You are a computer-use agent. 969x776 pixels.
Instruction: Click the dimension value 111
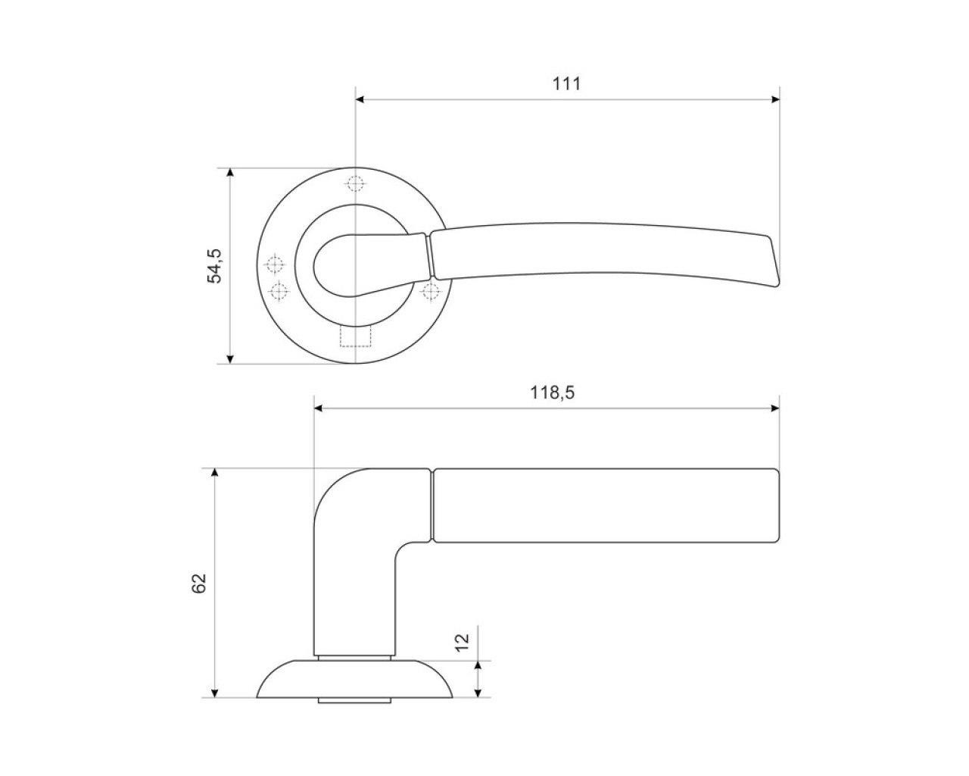coord(566,84)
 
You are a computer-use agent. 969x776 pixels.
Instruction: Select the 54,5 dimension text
coord(215,265)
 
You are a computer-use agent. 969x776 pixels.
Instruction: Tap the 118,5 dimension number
coord(552,393)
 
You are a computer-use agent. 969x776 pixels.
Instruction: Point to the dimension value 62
coord(198,583)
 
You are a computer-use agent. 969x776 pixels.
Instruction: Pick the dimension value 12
coord(463,643)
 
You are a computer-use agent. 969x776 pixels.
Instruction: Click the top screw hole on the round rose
coord(355,184)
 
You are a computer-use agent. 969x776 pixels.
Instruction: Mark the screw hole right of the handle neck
coord(431,292)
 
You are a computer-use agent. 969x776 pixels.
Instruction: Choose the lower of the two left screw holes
coord(279,291)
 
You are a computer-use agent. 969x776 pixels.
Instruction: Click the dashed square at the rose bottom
coord(356,336)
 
